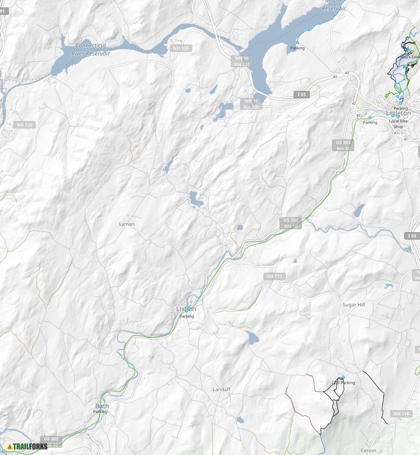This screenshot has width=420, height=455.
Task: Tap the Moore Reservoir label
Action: pyautogui.click(x=334, y=5)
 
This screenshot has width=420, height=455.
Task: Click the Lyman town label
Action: pyautogui.click(x=127, y=224)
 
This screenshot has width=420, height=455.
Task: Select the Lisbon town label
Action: pyautogui.click(x=186, y=309)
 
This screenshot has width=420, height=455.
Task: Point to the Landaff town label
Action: pyautogui.click(x=222, y=389)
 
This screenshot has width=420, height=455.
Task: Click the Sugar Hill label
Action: pyautogui.click(x=354, y=305)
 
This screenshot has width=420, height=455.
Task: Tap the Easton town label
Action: pyautogui.click(x=368, y=450)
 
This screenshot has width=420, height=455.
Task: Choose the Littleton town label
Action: pyautogui.click(x=398, y=114)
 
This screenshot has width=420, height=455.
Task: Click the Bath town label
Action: pyautogui.click(x=102, y=406)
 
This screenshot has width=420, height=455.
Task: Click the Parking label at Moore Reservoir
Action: pyautogui.click(x=297, y=48)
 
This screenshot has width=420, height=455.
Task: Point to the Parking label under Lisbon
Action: pyautogui.click(x=187, y=316)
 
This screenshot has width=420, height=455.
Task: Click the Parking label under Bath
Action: pyautogui.click(x=100, y=412)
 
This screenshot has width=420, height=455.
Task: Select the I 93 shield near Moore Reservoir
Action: pyautogui.click(x=301, y=94)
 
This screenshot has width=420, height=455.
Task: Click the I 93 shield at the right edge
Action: pyautogui.click(x=413, y=236)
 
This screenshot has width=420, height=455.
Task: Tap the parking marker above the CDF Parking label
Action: pyautogui.click(x=343, y=377)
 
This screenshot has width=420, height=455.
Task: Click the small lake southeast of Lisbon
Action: pyautogui.click(x=252, y=338)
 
